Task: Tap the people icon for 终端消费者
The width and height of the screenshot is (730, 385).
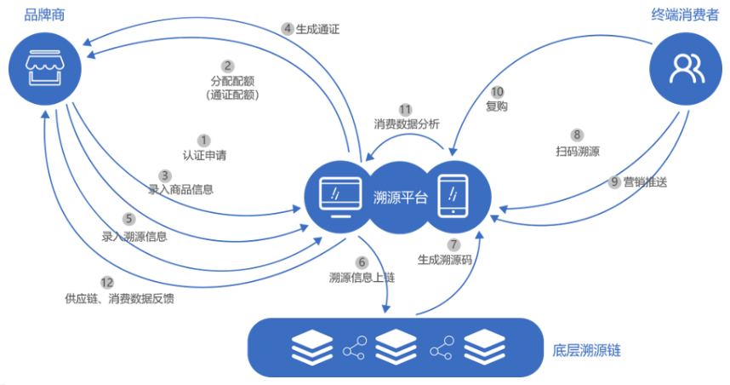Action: coord(684,68)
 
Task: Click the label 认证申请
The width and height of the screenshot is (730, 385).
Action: coord(204,156)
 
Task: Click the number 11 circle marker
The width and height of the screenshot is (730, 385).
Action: coord(406,108)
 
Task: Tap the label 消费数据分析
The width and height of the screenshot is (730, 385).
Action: coord(407,124)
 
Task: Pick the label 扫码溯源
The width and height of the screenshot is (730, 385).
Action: coord(577,151)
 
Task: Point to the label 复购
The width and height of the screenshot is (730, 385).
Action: coord(497,106)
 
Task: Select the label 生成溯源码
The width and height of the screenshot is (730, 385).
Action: coord(444,259)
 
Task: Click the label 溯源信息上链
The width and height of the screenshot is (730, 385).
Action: coord(362,278)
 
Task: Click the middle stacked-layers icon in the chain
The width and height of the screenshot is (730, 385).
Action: coord(396,348)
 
